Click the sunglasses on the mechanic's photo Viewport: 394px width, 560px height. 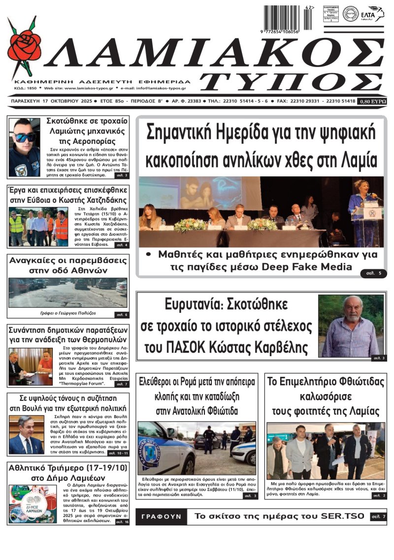click(x=24, y=137)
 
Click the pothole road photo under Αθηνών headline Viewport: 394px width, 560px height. click(x=67, y=293)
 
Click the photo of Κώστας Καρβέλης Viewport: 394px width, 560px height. click(x=350, y=326)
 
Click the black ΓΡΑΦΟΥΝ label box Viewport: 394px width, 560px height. click(x=161, y=517)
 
